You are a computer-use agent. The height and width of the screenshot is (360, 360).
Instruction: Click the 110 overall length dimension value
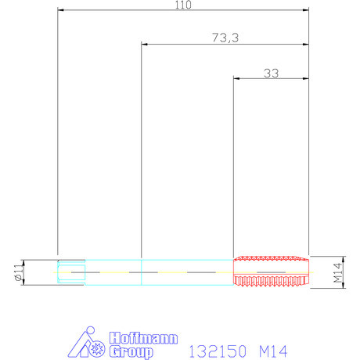pyautogui.click(x=183, y=5)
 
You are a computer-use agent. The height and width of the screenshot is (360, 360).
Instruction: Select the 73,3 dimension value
pyautogui.click(x=225, y=38)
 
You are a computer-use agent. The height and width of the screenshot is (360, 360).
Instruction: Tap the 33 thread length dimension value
pyautogui.click(x=272, y=74)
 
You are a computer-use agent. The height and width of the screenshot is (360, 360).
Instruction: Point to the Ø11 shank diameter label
pyautogui.click(x=19, y=272)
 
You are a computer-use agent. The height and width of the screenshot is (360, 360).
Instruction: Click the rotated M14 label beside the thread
pyautogui.click(x=337, y=272)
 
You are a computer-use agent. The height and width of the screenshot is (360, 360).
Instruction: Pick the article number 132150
pyautogui.click(x=218, y=351)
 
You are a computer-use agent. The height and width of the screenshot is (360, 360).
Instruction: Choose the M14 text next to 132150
pyautogui.click(x=273, y=351)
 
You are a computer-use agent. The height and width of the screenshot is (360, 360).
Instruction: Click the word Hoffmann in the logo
pyautogui.click(x=143, y=338)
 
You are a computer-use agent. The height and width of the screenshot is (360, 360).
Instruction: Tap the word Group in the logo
pyautogui.click(x=131, y=351)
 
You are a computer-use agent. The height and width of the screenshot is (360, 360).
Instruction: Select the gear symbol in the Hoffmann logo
pyautogui.click(x=97, y=348)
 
